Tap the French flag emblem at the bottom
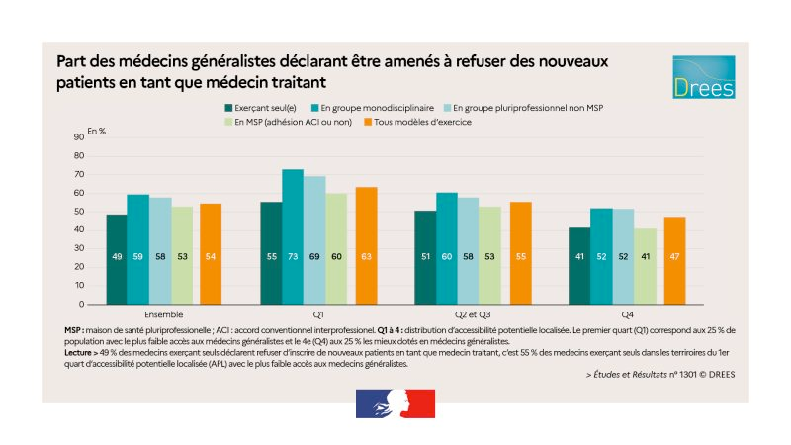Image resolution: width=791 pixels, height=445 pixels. [395, 403]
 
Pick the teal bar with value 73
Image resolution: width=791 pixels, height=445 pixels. [293, 236]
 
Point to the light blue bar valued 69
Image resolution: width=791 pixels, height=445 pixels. [314, 240]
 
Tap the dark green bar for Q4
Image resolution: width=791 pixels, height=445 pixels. [578, 266]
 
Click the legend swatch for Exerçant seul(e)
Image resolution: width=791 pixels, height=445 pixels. [229, 106]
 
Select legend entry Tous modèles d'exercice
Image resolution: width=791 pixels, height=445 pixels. [428, 122]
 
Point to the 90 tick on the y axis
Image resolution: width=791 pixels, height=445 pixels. [78, 138]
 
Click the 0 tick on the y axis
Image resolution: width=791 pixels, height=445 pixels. [81, 305]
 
